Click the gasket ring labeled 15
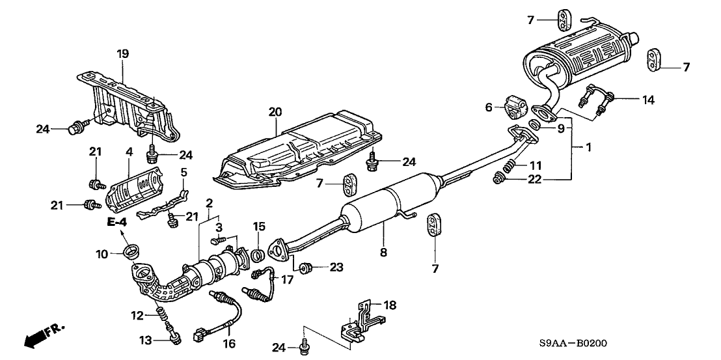[256, 253]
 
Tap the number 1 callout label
[588, 148]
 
